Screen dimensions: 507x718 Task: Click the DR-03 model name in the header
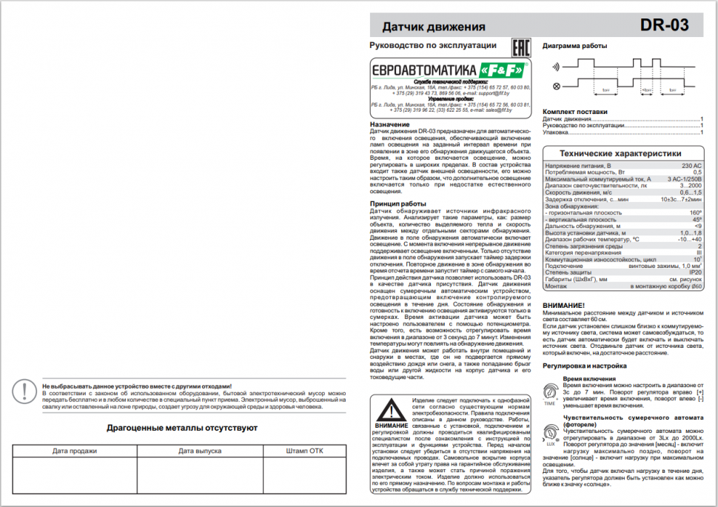coord(665,26)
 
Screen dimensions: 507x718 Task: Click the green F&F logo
coord(502,69)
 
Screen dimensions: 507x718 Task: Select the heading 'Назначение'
coord(389,124)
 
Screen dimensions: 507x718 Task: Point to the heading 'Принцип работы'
coord(397,204)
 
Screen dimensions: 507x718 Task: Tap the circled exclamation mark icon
coord(27,392)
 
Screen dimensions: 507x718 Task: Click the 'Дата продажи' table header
coord(74,450)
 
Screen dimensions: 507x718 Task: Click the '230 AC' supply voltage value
coord(691,166)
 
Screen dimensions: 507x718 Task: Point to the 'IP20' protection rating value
coord(695,292)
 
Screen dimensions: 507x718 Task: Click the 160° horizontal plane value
coord(696,212)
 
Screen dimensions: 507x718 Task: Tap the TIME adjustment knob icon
coord(550,394)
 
